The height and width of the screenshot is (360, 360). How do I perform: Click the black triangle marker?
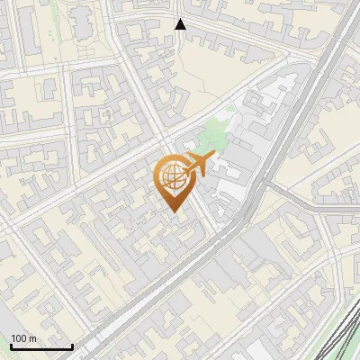pos(180,24)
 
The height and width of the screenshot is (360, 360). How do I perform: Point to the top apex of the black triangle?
pos(180,19)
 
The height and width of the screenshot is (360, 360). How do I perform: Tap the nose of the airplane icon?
pos(213,157)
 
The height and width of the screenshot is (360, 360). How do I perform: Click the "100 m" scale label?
pos(23,338)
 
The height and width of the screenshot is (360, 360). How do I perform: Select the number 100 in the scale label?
pos(19,338)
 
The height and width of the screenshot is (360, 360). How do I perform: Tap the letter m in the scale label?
pos(32,339)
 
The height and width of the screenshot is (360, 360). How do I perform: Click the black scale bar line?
pos(40,346)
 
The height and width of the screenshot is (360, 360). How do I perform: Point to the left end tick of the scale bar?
pos(10,345)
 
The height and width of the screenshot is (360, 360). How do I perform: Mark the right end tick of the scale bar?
pos(72,345)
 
